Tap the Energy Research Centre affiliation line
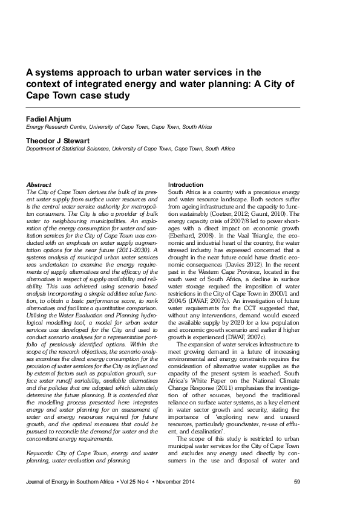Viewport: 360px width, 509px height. pos(119,128)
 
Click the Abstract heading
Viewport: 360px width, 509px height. pos(39,184)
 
